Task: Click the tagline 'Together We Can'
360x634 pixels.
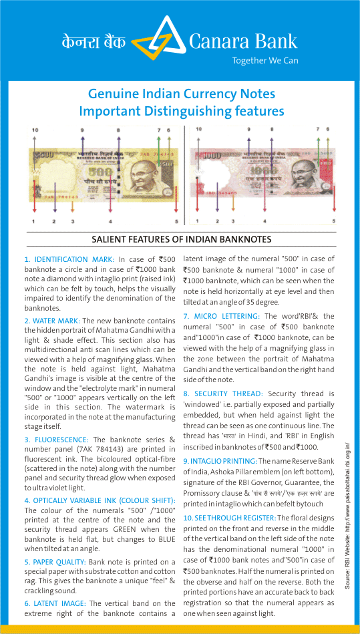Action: pyautogui.click(x=264, y=61)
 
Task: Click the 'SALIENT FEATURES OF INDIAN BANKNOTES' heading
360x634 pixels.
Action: pyautogui.click(x=180, y=239)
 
